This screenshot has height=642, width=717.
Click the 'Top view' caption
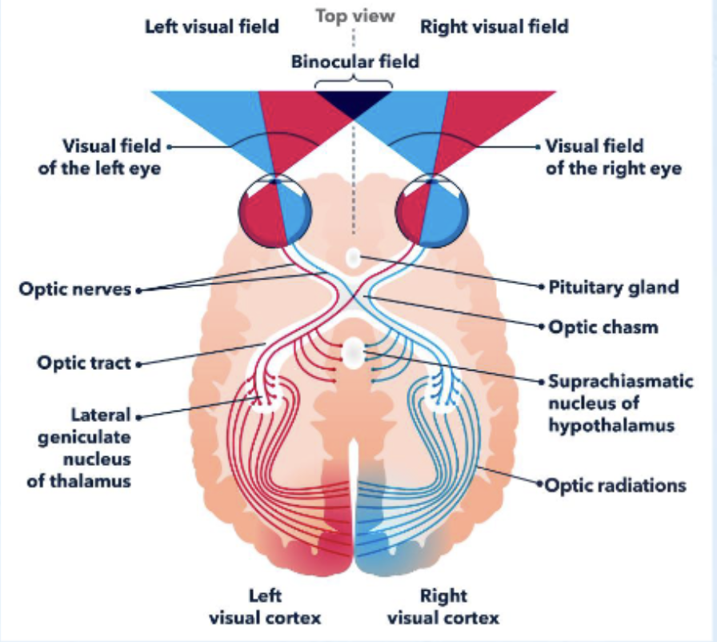[x=354, y=16]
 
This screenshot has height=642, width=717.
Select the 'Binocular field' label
[x=354, y=60]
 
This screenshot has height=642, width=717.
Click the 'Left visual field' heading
[x=211, y=26]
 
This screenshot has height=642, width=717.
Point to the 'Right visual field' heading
[x=495, y=26]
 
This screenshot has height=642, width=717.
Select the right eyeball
[x=432, y=210]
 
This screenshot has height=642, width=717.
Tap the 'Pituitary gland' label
[x=613, y=287]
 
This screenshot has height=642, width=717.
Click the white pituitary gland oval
[x=353, y=258]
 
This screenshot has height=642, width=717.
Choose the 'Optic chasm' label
[x=602, y=327]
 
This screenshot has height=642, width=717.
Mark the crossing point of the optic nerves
[x=353, y=298]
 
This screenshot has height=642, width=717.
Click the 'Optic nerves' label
[x=74, y=289]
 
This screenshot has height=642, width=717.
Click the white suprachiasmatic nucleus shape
[x=353, y=351]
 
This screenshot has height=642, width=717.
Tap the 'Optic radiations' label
[x=615, y=485]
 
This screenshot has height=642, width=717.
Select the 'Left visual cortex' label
[x=265, y=606]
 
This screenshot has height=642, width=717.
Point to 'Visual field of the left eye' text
[x=112, y=157]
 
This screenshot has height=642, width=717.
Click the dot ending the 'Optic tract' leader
[x=139, y=364]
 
